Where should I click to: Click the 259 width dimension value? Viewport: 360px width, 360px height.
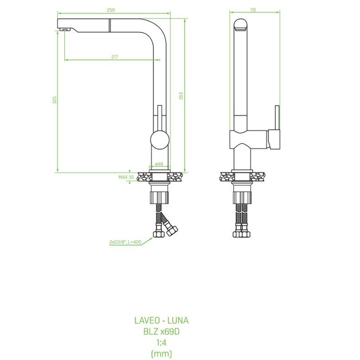tap(111, 10)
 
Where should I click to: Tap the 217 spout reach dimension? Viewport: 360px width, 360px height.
tap(115, 57)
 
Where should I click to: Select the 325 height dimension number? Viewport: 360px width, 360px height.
tap(54, 100)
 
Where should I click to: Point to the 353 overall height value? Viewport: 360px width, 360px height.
tap(181, 96)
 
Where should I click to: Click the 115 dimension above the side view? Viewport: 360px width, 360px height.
tap(253, 10)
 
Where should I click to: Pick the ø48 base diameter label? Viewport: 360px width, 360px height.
tap(159, 164)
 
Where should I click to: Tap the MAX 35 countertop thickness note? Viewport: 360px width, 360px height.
tap(126, 177)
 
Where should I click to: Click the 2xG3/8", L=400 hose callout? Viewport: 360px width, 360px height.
tap(125, 242)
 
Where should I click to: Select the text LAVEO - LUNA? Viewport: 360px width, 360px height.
tap(162, 320)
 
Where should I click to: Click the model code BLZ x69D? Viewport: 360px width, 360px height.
tap(162, 332)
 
